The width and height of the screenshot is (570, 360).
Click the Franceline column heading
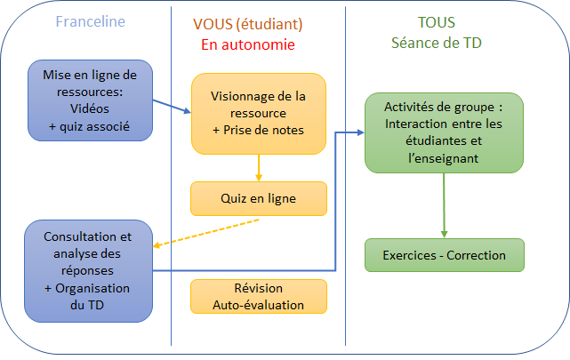[x=90, y=21]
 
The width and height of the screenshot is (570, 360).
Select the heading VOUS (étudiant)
[x=247, y=24]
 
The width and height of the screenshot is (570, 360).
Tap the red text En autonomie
[x=248, y=44]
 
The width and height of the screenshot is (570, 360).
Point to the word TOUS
[x=437, y=22]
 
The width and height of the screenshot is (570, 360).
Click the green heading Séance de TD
[x=437, y=43]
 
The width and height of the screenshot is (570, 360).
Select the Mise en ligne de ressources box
[x=90, y=100]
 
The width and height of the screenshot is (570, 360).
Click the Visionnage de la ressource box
[x=259, y=114]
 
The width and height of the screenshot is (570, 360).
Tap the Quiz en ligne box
[x=259, y=199]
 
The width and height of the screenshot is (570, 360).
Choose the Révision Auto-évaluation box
[x=259, y=296]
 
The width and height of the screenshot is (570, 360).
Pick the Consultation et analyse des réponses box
[x=88, y=271]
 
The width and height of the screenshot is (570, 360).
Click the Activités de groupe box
[x=444, y=133]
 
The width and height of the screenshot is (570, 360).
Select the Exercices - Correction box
[x=445, y=255]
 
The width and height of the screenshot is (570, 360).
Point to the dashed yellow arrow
[x=205, y=233]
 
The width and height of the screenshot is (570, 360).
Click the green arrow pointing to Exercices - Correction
[x=444, y=205]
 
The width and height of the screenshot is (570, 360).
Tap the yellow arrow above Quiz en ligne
[x=259, y=168]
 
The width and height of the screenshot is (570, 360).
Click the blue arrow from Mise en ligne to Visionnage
[x=172, y=107]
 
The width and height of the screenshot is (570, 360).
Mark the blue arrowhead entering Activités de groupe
[x=361, y=132]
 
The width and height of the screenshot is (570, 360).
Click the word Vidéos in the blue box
[x=90, y=108]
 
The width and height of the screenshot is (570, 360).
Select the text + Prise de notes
[x=258, y=130]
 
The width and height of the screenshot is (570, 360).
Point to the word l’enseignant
[x=444, y=158]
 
